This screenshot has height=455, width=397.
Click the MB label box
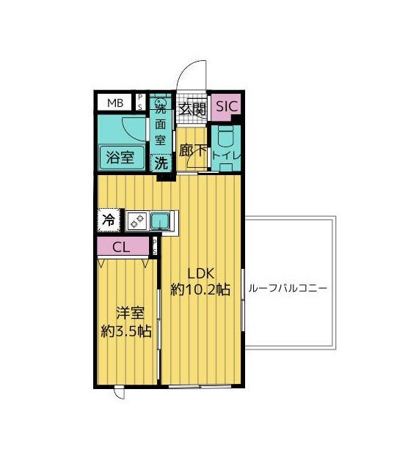[x=116, y=103]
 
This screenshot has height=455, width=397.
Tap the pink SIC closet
[x=226, y=106]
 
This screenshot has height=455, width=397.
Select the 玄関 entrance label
[x=194, y=110]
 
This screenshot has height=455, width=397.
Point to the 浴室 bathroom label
[x=120, y=157]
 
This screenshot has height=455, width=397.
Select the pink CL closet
[x=122, y=247]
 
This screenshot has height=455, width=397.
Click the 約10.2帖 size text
[x=200, y=289]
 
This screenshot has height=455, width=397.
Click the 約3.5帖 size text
[x=126, y=330]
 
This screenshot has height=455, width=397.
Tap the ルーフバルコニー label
[x=288, y=288]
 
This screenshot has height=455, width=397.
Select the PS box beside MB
[x=140, y=103]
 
